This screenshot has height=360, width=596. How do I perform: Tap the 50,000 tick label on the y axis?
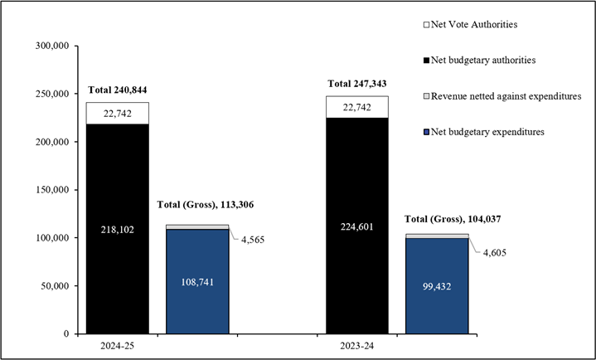pos(54,286)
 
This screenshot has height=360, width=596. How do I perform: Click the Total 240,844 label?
pos(117,90)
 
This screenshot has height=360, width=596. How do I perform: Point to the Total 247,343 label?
pos(357,84)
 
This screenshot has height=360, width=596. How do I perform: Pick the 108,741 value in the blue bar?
pos(197,281)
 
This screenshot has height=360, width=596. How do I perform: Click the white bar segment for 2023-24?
pos(357,107)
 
